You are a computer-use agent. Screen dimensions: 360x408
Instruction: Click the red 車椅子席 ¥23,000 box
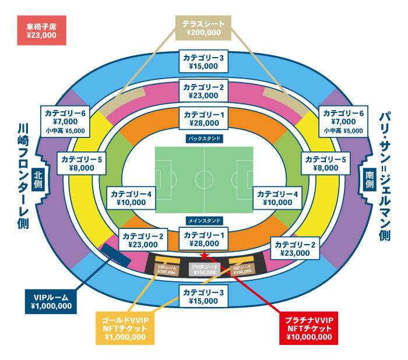click(41, 31)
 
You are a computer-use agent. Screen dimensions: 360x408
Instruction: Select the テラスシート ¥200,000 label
click(204, 28)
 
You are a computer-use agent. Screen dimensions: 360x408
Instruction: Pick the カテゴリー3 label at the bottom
click(203, 297)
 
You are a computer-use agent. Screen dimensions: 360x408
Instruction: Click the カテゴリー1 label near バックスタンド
click(203, 118)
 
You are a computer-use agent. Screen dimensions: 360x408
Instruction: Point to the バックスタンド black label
click(204, 139)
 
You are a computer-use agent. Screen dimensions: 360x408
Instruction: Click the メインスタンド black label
click(204, 221)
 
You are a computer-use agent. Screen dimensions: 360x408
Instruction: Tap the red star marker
click(205, 255)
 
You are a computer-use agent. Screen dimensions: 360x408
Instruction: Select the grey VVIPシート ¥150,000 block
click(204, 269)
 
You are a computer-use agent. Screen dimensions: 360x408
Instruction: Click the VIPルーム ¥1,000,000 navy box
click(51, 301)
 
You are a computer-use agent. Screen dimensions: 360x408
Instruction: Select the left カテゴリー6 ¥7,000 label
click(65, 121)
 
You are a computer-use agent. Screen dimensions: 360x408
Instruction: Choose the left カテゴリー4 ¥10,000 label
click(131, 197)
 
